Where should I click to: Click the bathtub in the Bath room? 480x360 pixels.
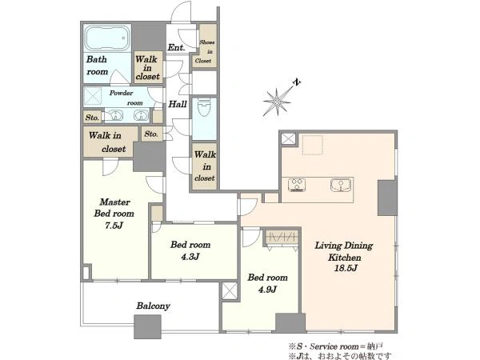[x=107, y=38]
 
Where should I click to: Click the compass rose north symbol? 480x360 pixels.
[x=277, y=102]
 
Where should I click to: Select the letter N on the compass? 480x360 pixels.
[x=297, y=82]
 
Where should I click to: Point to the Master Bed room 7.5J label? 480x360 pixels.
[x=114, y=214]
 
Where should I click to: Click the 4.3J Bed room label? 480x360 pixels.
[x=190, y=250]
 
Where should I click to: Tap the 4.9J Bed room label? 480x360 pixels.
[x=267, y=283]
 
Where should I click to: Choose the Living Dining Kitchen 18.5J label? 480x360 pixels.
[x=344, y=257]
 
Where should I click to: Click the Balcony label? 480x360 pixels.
[x=153, y=306]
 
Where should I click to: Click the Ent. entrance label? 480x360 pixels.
[x=176, y=47]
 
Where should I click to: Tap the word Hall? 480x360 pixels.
[x=178, y=104]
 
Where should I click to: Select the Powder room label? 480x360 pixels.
[x=126, y=98]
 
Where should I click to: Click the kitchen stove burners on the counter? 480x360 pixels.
[x=297, y=186]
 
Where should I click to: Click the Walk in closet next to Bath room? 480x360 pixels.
[x=148, y=67]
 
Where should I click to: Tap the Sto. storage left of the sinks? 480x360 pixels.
[x=92, y=118]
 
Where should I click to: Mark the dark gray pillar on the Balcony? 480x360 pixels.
[x=147, y=326]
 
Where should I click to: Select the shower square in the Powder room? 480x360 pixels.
[x=93, y=96]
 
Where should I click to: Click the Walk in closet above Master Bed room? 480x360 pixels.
[x=110, y=142]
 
